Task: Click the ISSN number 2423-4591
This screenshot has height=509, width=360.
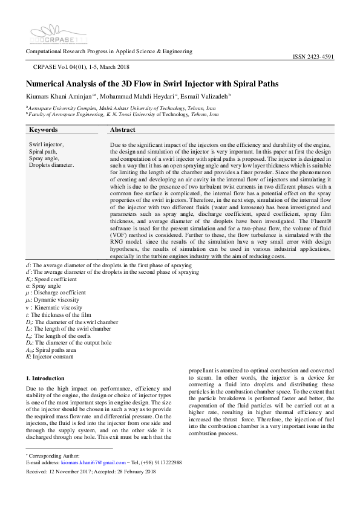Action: point(313,57)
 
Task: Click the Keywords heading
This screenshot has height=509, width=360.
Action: point(44,130)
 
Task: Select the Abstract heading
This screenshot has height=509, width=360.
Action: point(123,130)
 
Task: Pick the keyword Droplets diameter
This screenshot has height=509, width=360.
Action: point(52,164)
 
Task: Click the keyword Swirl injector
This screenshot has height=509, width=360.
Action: point(46,144)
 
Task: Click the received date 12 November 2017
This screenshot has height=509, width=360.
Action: point(74,471)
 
